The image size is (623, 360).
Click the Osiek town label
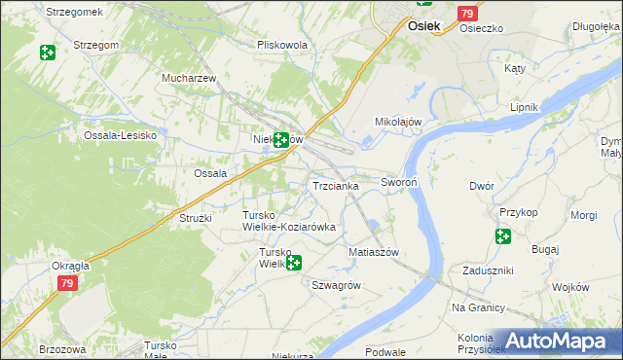pos(426,27)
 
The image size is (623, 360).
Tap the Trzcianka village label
pos(335,185)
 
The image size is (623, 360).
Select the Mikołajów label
pos(397,122)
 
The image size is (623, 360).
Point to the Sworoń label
pos(399,182)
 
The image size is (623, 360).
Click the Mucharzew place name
pos(188,77)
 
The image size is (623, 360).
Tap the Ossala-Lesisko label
pos(121,135)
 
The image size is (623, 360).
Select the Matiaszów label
pos(374,251)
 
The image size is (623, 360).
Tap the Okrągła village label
pos(71,265)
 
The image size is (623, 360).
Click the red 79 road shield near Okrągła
pos(66,283)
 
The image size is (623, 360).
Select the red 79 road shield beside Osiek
pos(467,14)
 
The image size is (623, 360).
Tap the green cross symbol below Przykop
pos(502,236)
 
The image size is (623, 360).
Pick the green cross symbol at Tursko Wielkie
pos(292,262)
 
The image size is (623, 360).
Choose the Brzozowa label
pos(63,348)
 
